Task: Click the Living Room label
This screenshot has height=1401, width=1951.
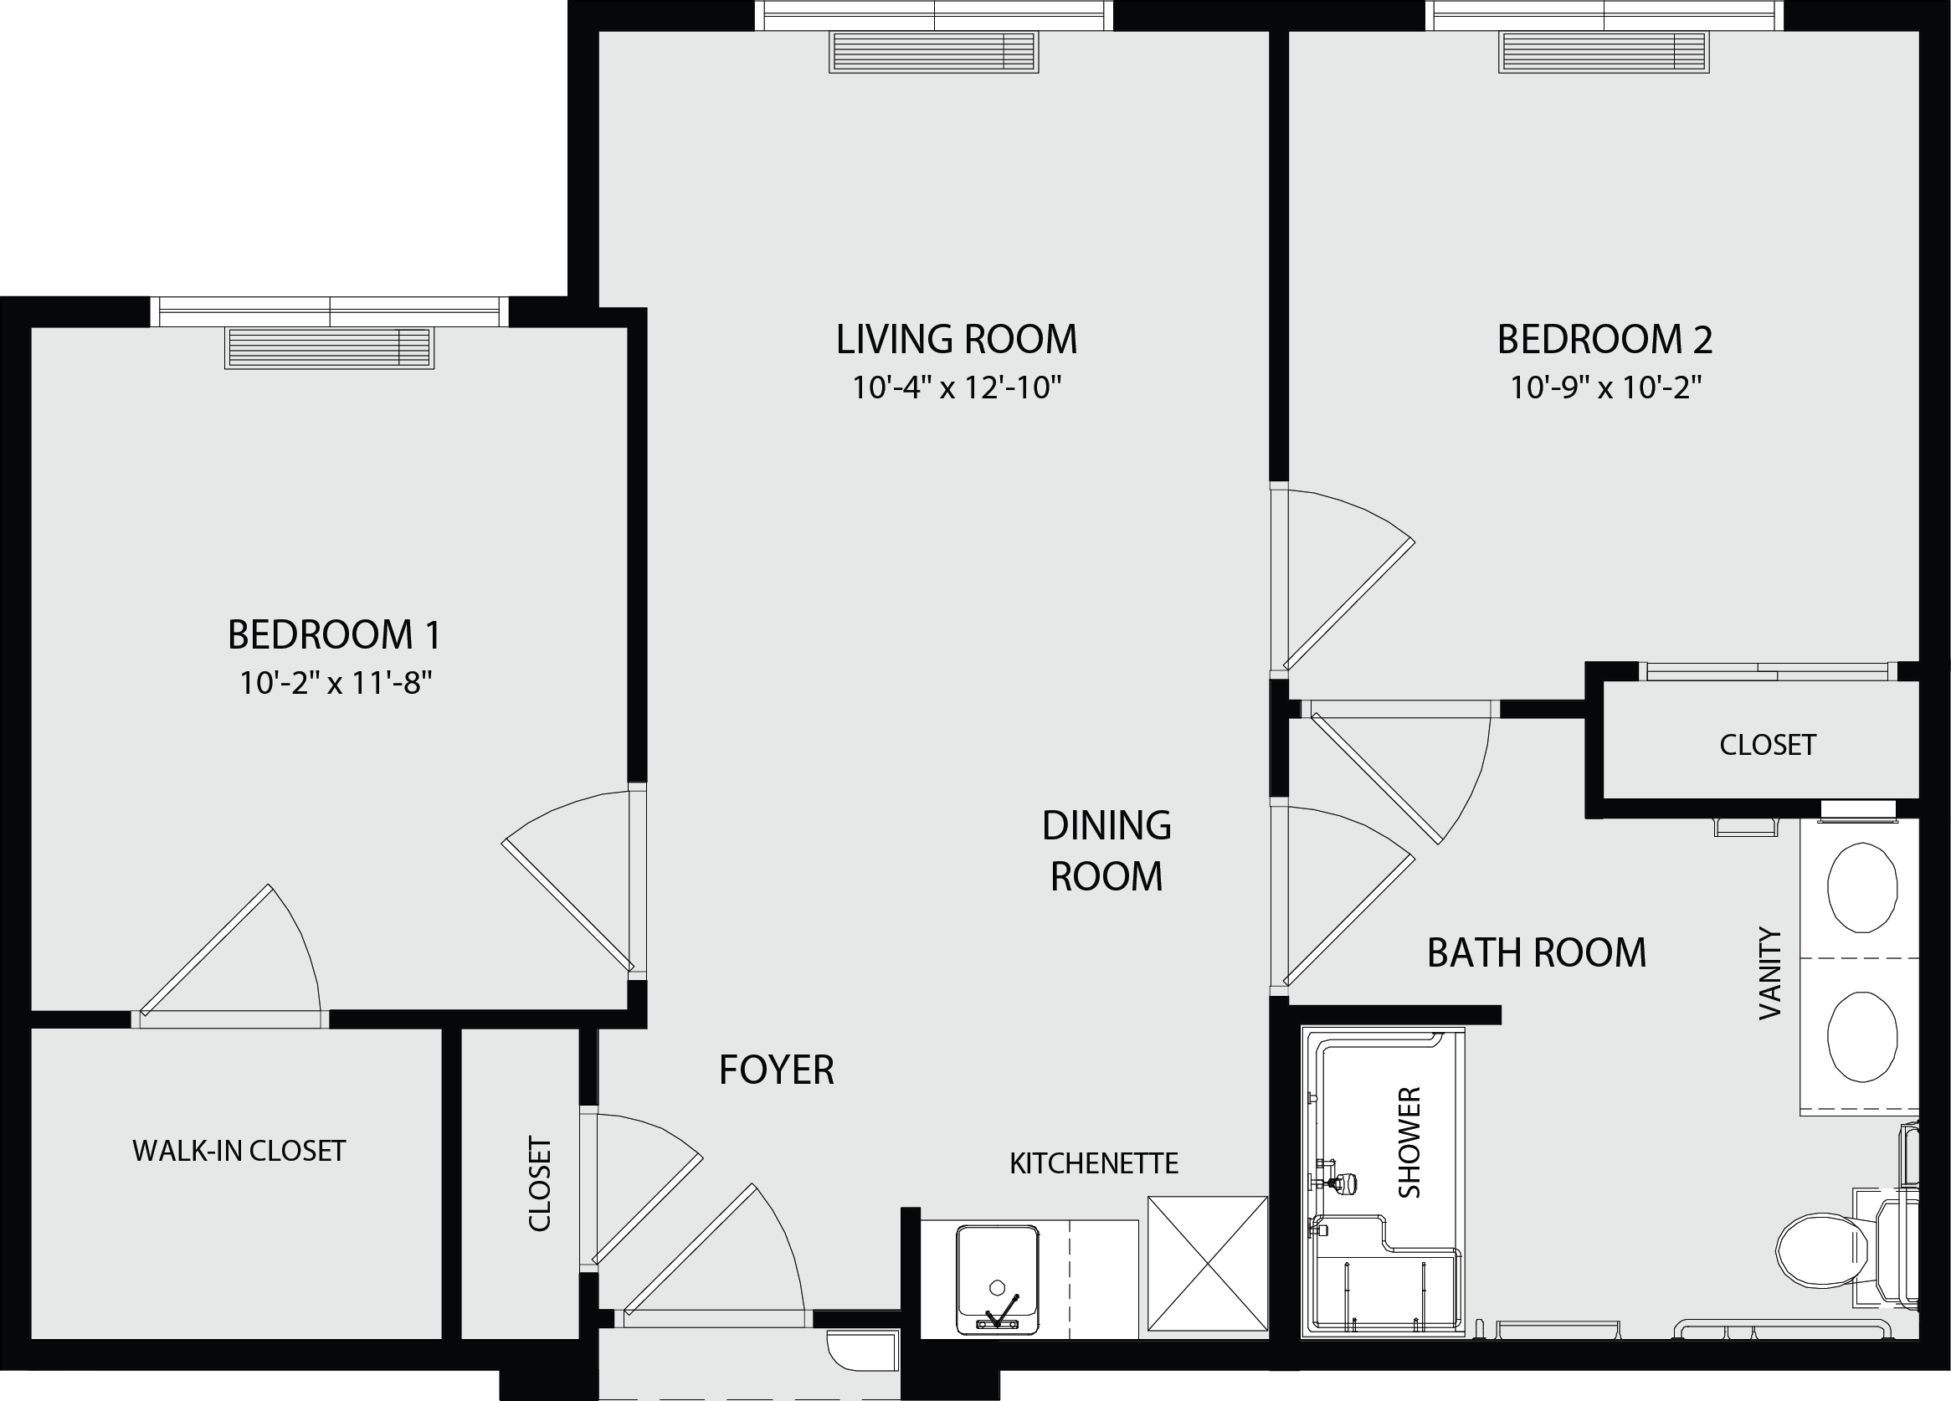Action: tap(957, 340)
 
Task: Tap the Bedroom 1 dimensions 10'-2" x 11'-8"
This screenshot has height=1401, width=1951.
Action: tap(336, 683)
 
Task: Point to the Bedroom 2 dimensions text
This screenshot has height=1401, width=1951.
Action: tap(1606, 387)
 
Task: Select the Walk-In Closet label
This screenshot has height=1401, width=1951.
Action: tap(239, 1151)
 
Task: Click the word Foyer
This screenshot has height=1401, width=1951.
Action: tap(777, 1070)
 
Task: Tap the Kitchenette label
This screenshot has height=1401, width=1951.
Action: tap(1093, 1163)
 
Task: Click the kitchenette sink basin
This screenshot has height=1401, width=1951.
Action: tap(997, 1280)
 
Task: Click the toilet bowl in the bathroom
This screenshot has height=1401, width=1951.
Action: tap(1820, 1250)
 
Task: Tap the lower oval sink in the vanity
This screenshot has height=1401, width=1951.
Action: tap(1861, 1036)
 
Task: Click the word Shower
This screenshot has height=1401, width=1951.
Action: tap(1409, 1142)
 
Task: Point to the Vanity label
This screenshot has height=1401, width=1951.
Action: tap(1769, 973)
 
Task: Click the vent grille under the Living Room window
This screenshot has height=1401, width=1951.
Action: tap(933, 52)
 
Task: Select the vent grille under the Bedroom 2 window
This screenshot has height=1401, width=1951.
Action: tap(1604, 52)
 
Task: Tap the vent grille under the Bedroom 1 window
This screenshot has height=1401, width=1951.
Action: tap(330, 347)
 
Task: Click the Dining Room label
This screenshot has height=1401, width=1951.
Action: tap(1106, 850)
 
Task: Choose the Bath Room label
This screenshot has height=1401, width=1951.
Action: tap(1537, 953)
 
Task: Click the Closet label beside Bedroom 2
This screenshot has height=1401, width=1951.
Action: tap(1768, 745)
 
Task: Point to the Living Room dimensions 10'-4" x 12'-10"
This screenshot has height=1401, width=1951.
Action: tap(957, 387)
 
